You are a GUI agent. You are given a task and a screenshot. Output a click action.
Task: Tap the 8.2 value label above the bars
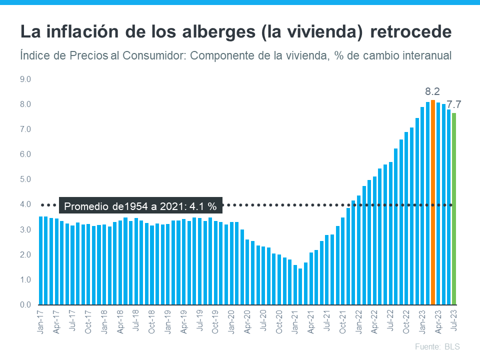[432, 91]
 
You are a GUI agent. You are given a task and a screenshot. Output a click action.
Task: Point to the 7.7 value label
[453, 104]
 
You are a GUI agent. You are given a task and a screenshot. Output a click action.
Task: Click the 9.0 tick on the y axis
[25, 79]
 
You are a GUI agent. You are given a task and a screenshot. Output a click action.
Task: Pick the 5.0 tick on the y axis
[25, 179]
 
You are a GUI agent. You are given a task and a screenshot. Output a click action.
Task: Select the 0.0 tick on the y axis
[25, 305]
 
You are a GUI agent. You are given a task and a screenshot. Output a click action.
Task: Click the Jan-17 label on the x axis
[41, 322]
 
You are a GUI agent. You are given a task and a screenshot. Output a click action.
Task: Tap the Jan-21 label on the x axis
[295, 322]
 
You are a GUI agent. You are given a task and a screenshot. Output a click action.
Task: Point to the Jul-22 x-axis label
[390, 322]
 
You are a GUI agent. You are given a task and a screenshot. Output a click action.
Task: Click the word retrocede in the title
[411, 32]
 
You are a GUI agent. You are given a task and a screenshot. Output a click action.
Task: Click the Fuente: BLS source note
[437, 346]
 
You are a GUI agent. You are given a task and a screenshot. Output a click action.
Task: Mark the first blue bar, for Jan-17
[41, 260]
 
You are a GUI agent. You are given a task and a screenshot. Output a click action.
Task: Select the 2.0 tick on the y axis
[25, 254]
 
